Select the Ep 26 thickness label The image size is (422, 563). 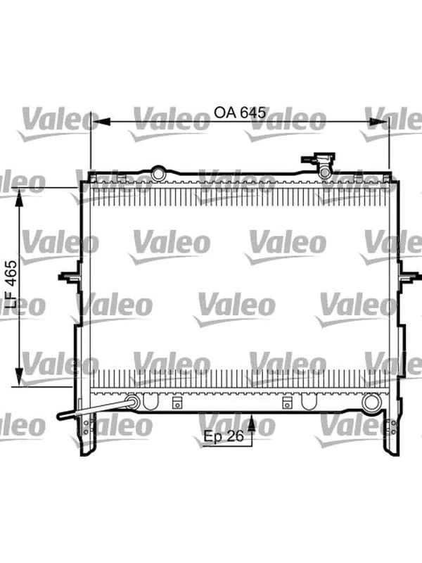coord(224,437)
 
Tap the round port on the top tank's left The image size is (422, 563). coord(158,171)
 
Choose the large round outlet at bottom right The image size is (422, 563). coord(371,403)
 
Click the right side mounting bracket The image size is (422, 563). coord(406,277)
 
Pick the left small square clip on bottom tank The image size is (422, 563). coord(178,403)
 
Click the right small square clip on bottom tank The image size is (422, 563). coord(287,403)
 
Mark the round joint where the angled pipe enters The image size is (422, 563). coord(131,402)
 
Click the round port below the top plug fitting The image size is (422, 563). coord(325,172)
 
